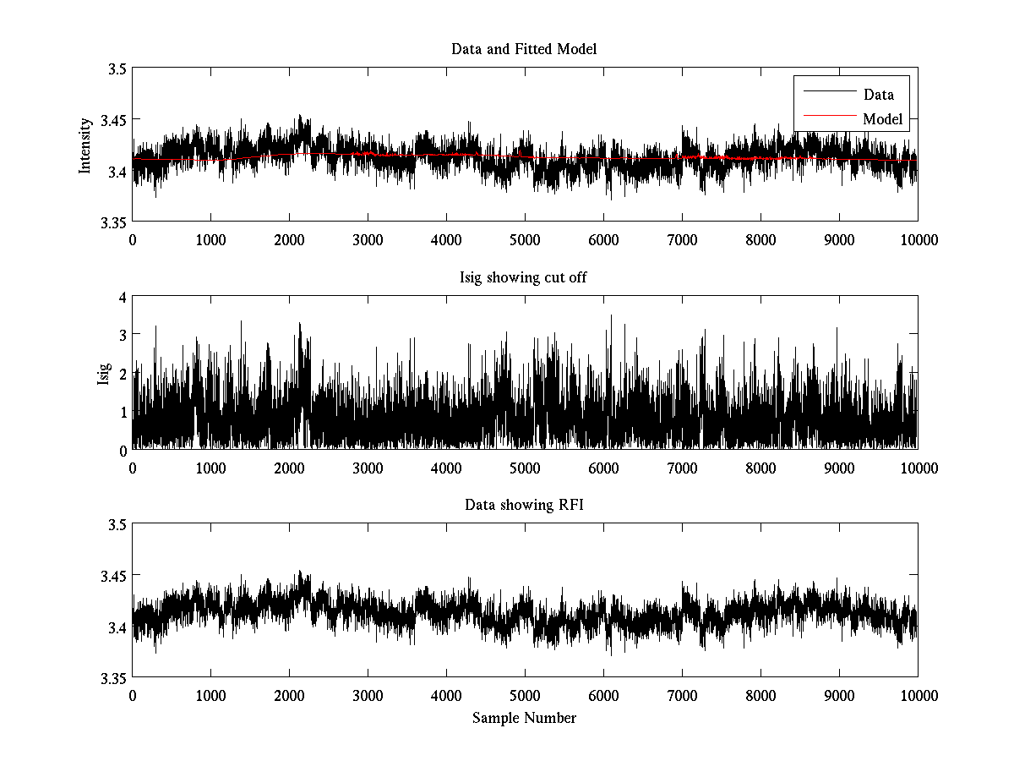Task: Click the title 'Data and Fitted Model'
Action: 524,49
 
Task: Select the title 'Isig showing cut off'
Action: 524,277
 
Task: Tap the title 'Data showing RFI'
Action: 524,506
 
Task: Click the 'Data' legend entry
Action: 878,95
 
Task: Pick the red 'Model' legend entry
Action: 882,119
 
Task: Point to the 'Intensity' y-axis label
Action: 84,145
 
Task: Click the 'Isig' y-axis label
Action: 103,373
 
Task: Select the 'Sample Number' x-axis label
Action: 524,718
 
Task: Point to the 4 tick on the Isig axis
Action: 123,297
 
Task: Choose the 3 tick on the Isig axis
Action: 123,335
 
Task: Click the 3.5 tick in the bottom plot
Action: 116,525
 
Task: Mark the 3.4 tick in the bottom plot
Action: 116,627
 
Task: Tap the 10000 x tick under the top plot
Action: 918,239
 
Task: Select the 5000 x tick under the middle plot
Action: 525,468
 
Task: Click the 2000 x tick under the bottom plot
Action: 289,695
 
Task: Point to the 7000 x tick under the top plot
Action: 682,239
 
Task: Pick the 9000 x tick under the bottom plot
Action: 839,695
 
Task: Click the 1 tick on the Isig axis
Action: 123,412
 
